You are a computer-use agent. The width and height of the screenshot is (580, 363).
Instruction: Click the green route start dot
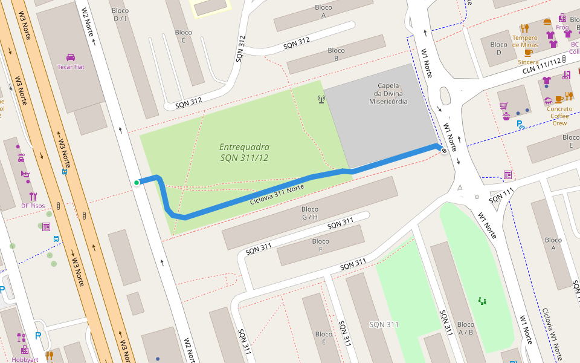pyautogui.click(x=137, y=182)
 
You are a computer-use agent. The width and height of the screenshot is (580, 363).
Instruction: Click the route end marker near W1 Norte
pyautogui.click(x=444, y=151)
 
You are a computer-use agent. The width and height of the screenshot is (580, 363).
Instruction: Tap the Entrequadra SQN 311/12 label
pyautogui.click(x=244, y=152)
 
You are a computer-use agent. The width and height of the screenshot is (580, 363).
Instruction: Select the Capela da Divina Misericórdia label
pyautogui.click(x=388, y=93)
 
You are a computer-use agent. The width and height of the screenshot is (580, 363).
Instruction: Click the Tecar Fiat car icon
pyautogui.click(x=71, y=57)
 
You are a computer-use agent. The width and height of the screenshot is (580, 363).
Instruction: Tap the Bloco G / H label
pyautogui.click(x=309, y=213)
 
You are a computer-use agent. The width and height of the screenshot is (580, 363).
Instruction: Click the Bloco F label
pyautogui.click(x=321, y=245)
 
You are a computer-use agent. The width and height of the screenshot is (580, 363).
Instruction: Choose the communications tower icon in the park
pyautogui.click(x=321, y=99)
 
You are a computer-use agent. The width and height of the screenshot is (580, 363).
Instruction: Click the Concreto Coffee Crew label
pyautogui.click(x=559, y=116)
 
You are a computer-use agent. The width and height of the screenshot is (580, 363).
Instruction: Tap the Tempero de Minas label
pyautogui.click(x=524, y=41)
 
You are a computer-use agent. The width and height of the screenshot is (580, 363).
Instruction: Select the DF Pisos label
pyautogui.click(x=33, y=206)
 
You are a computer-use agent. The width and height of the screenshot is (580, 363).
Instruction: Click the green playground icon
pyautogui.click(x=482, y=300)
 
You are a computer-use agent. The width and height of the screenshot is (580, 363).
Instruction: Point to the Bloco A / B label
pyautogui.click(x=466, y=328)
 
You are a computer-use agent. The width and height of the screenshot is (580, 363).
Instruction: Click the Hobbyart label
pyautogui.click(x=24, y=359)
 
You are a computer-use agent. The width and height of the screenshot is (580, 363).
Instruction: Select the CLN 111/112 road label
pyautogui.click(x=542, y=64)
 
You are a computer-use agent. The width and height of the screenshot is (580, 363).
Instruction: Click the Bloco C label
pyautogui.click(x=183, y=36)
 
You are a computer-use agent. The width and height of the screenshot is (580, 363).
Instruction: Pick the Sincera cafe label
pyautogui.click(x=528, y=62)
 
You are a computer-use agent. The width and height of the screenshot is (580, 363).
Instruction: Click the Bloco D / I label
pyautogui.click(x=120, y=15)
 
